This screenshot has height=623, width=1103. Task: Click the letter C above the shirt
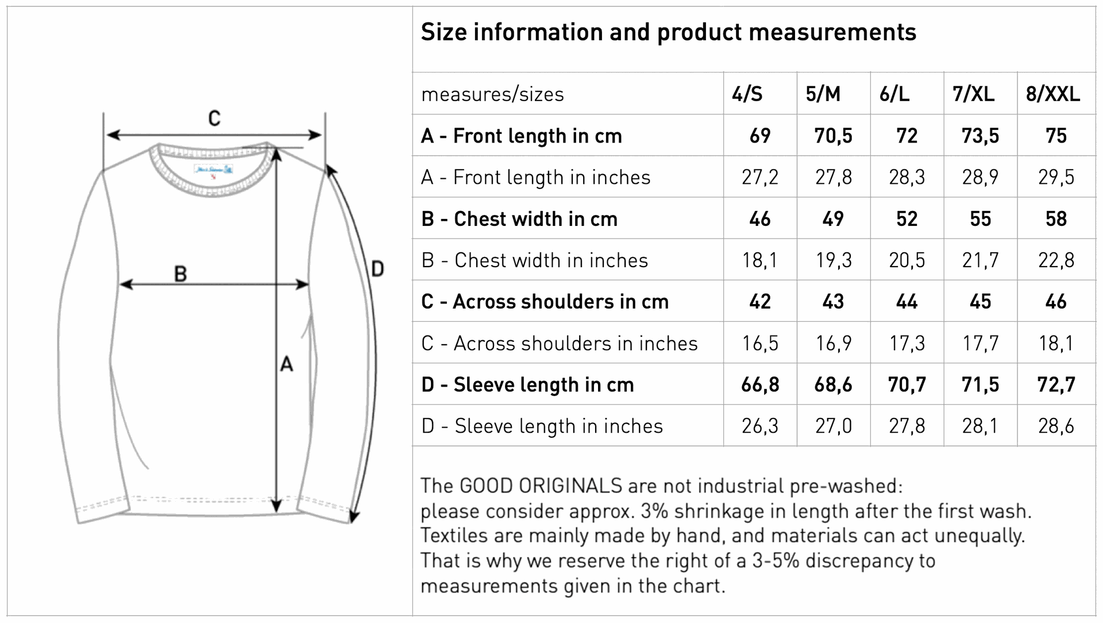tap(214, 118)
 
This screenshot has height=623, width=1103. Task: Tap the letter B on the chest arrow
tap(180, 274)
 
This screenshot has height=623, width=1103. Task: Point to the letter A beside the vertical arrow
tap(286, 364)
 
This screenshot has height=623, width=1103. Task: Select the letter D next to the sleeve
tap(377, 268)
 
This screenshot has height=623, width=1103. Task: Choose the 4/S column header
tap(747, 94)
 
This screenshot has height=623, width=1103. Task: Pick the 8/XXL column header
tap(1053, 94)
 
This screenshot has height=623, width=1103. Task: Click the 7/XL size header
tap(974, 94)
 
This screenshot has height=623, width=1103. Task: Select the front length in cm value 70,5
tap(834, 136)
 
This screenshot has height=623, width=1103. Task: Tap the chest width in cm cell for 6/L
tap(907, 218)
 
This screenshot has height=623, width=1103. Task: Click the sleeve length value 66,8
tap(760, 384)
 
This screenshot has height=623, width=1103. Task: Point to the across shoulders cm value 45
tap(981, 302)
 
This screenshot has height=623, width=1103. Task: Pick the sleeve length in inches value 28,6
tap(1056, 426)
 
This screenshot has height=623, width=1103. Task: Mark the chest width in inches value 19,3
tap(834, 260)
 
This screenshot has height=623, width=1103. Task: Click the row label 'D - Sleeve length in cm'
tap(527, 384)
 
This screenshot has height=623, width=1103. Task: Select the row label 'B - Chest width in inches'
tap(535, 260)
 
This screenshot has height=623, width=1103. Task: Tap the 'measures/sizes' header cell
tap(493, 94)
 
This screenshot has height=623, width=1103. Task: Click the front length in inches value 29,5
tap(1056, 177)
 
